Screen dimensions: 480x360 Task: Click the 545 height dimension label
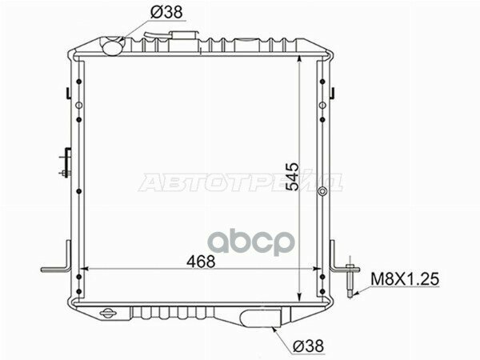292,177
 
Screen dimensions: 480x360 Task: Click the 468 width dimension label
201,262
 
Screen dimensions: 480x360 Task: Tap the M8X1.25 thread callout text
405,279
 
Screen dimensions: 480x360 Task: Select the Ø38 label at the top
166,12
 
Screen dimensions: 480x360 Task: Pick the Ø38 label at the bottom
308,346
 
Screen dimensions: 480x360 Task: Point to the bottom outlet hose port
261,318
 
